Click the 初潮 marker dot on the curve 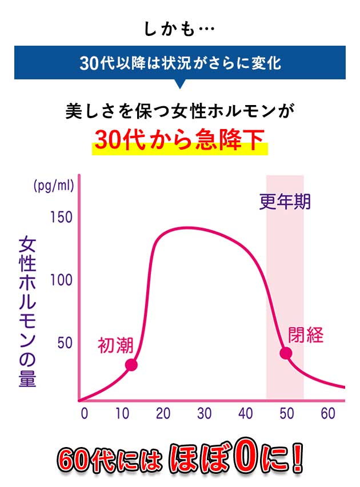(x=131, y=365)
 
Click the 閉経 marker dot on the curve (x=286, y=353)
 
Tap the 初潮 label (x=115, y=345)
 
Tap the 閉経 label (x=306, y=335)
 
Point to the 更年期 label (x=285, y=202)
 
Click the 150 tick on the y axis (x=61, y=218)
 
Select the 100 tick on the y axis (x=61, y=280)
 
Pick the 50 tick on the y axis (x=64, y=343)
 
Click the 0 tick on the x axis (x=85, y=414)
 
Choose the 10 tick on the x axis (x=123, y=414)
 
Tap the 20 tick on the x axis (x=163, y=414)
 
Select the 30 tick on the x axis (x=205, y=414)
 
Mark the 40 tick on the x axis (x=246, y=414)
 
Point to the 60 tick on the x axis (x=327, y=414)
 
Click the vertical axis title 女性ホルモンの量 (x=27, y=311)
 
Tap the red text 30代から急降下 (x=180, y=140)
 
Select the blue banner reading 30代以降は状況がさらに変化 (x=180, y=63)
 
